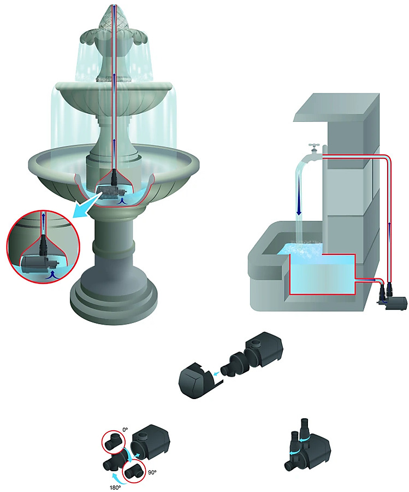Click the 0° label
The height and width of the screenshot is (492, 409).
126,430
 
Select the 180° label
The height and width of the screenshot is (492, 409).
115,488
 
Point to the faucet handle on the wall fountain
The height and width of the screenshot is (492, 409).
314,146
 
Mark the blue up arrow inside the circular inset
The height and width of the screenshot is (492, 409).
43,218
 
